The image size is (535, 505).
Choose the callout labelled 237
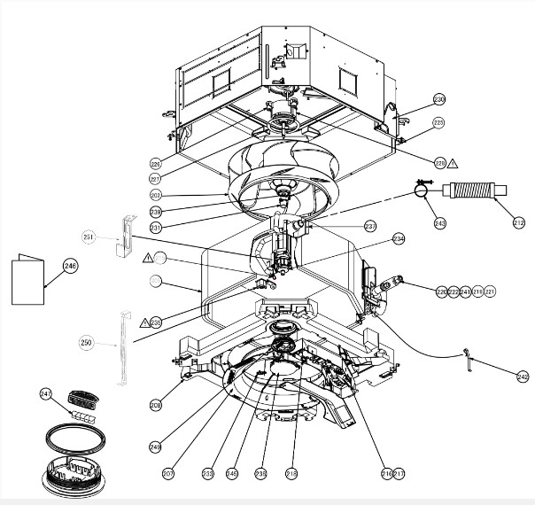(x=370, y=226)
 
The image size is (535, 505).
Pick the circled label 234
(x=398, y=238)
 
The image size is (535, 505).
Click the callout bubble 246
(x=71, y=266)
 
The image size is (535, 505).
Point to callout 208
(x=156, y=405)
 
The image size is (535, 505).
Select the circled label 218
(x=292, y=474)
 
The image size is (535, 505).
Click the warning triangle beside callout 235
(x=145, y=322)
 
